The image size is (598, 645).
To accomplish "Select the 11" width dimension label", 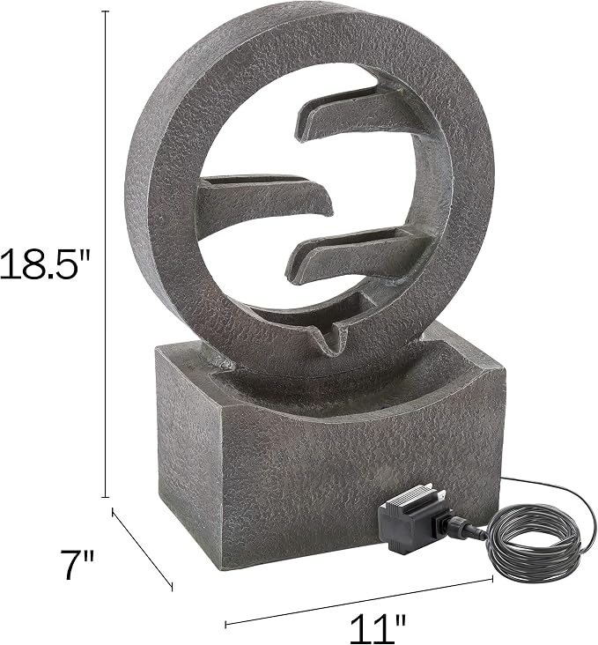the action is (378, 627).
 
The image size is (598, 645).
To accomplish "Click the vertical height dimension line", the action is (107, 255).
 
